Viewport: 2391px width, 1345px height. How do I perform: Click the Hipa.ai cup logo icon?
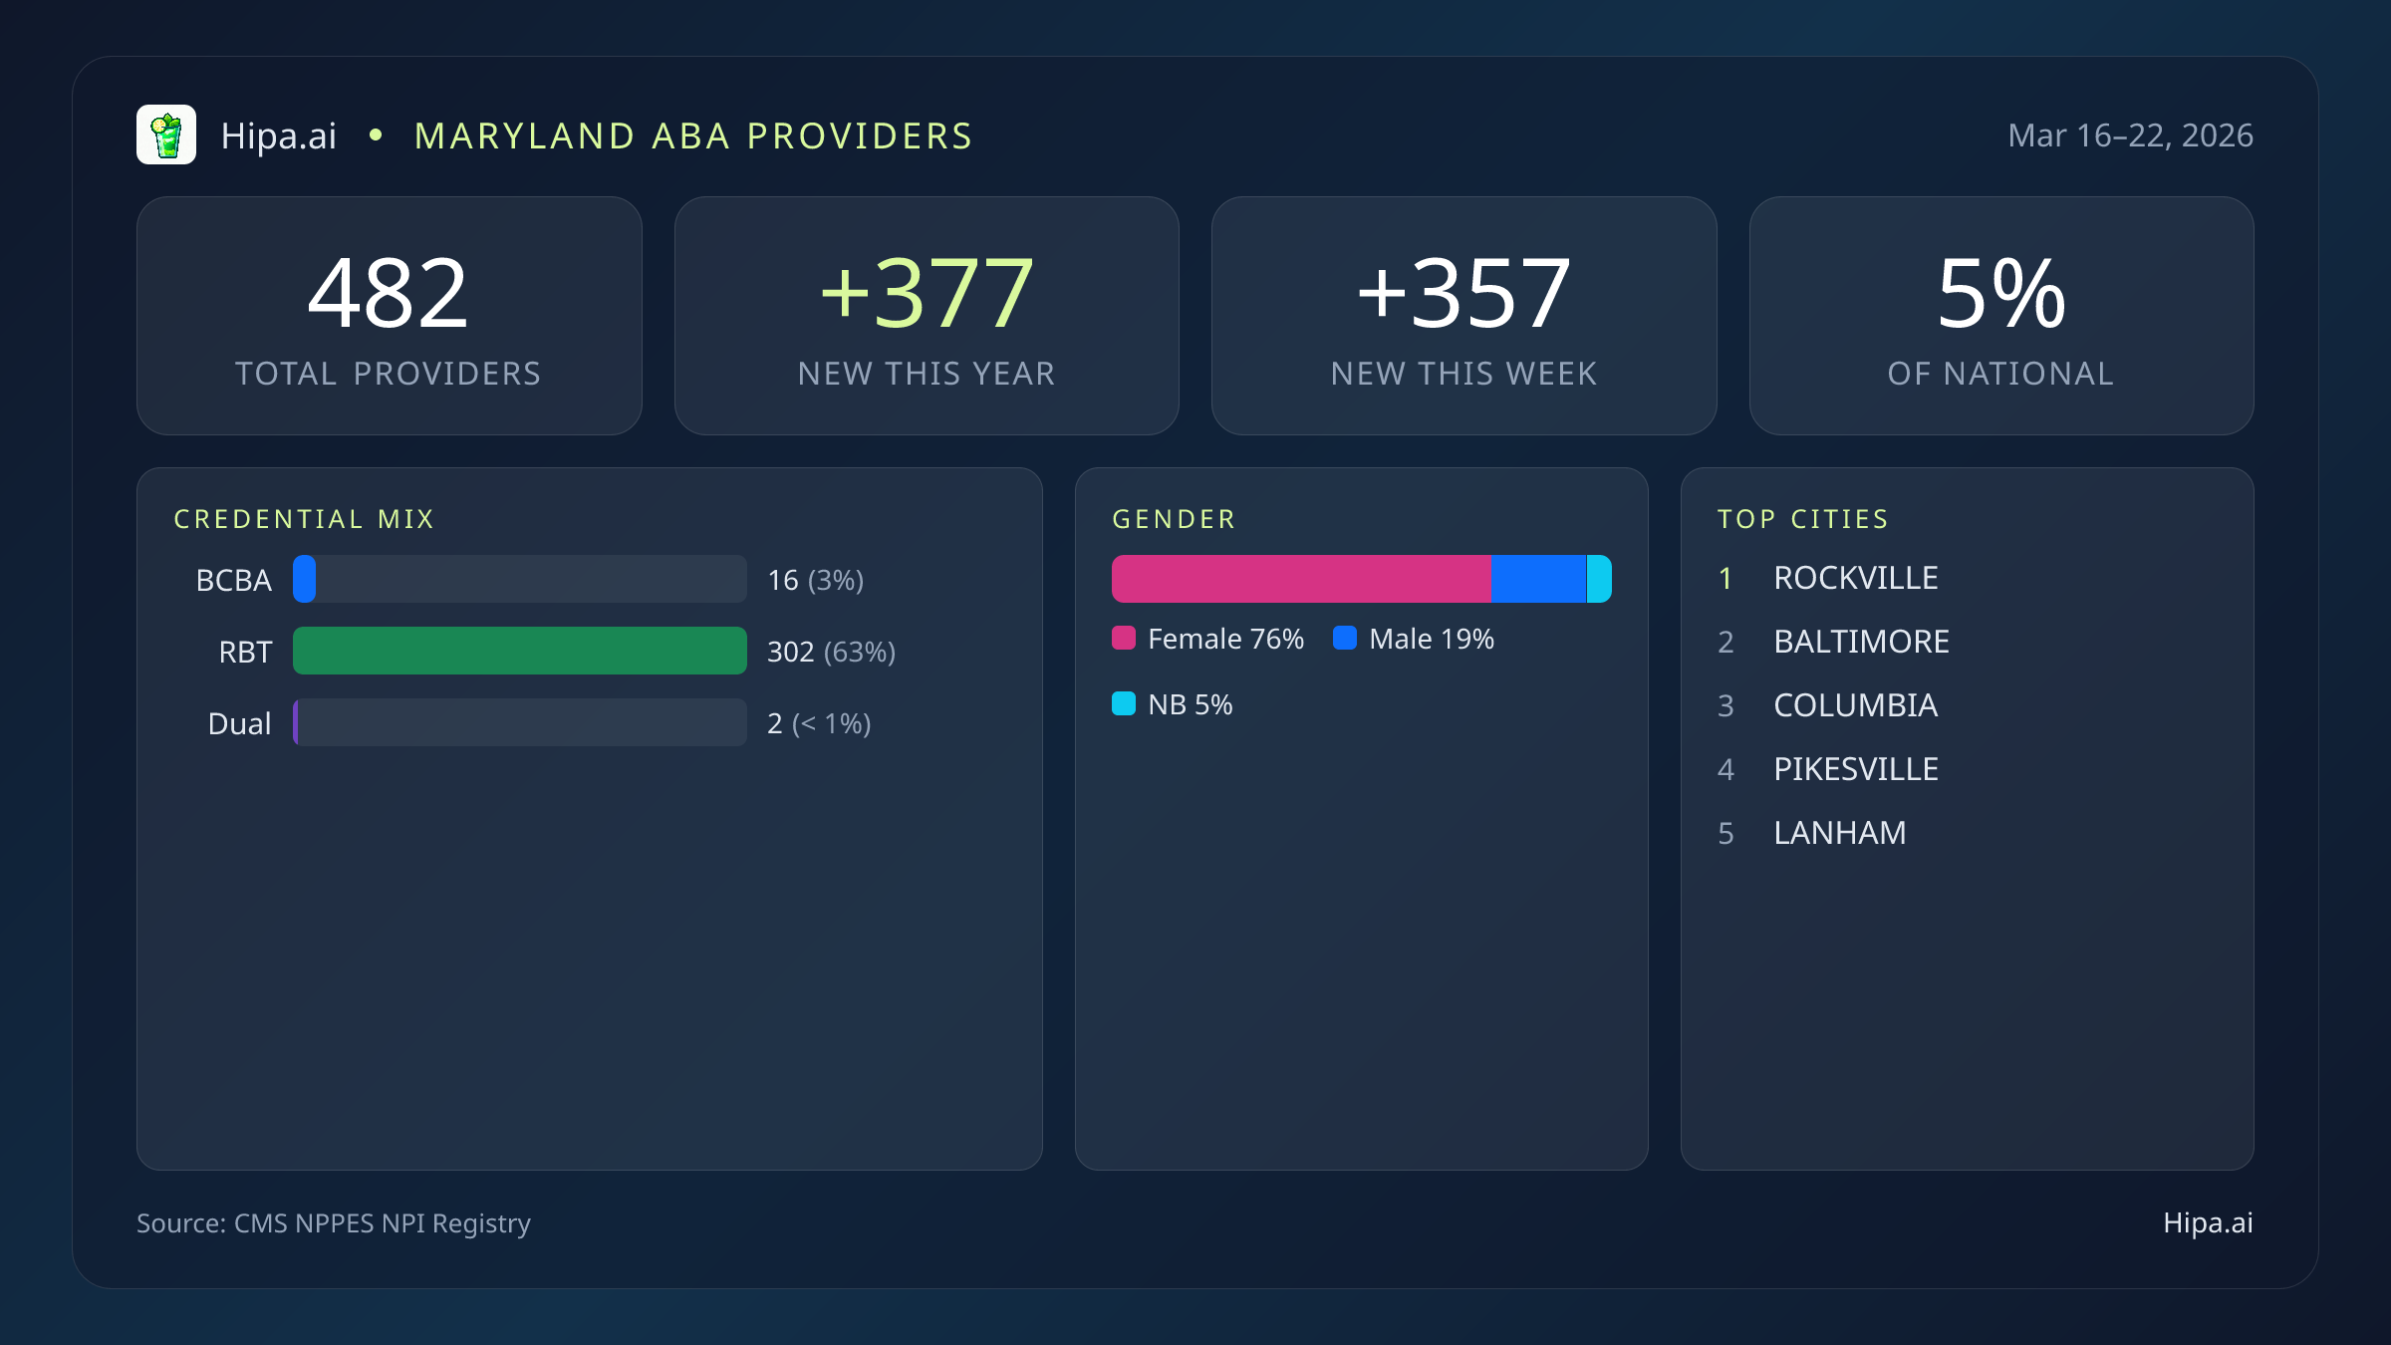pyautogui.click(x=166, y=134)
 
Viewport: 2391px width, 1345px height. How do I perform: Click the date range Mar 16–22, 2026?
pyautogui.click(x=2130, y=135)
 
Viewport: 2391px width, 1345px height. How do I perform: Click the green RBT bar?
pyautogui.click(x=519, y=651)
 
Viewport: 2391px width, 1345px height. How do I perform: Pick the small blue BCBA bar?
pyautogui.click(x=305, y=579)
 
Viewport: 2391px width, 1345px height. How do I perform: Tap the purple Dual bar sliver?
pyautogui.click(x=296, y=722)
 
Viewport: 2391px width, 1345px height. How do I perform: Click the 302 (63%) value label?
pyautogui.click(x=831, y=652)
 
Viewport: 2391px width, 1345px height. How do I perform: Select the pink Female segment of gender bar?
pyautogui.click(x=1301, y=579)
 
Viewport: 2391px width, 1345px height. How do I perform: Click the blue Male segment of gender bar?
pyautogui.click(x=1538, y=579)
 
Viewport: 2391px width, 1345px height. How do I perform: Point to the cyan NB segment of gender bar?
pyautogui.click(x=1599, y=579)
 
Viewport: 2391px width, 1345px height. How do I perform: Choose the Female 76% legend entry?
pyautogui.click(x=1208, y=639)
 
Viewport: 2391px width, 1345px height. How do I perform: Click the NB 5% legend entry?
pyautogui.click(x=1173, y=704)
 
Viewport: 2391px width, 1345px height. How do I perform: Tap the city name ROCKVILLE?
pyautogui.click(x=1855, y=578)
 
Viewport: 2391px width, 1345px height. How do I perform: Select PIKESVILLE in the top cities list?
pyautogui.click(x=1855, y=769)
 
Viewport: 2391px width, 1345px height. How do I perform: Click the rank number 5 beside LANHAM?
pyautogui.click(x=1726, y=833)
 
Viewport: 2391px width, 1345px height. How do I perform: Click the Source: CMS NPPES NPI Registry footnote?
pyautogui.click(x=333, y=1222)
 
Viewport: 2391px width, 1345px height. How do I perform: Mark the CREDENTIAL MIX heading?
pyautogui.click(x=304, y=519)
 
